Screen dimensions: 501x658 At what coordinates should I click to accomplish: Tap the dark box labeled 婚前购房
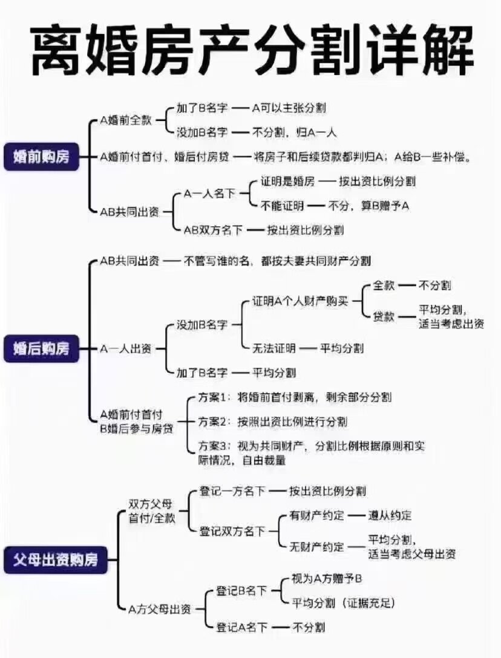point(41,157)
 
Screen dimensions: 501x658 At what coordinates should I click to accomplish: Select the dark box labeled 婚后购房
point(41,348)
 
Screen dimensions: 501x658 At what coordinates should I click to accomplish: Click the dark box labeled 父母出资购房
point(56,559)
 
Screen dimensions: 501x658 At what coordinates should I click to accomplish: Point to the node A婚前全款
point(126,120)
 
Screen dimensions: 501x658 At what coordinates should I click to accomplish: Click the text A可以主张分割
point(289,108)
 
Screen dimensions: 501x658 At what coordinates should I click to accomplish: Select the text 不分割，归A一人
point(294,132)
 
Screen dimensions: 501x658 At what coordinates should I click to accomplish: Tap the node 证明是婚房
point(287,181)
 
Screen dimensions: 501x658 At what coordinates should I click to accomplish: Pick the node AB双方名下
point(213,230)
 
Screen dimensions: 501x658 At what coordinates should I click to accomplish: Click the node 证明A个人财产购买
point(300,301)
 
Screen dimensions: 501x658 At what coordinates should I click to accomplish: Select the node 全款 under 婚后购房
point(384,285)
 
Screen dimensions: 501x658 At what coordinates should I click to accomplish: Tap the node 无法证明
point(274,348)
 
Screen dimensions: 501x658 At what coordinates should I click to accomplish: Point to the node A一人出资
point(126,349)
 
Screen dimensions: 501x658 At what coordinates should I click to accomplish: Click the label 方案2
point(212,422)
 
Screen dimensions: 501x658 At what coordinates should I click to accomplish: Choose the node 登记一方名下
point(232,490)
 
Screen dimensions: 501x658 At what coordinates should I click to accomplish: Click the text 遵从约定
point(390,515)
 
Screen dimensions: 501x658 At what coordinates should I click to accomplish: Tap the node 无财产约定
point(316,546)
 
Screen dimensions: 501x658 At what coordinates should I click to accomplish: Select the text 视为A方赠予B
point(326,579)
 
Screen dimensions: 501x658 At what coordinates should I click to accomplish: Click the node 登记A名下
point(241,627)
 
